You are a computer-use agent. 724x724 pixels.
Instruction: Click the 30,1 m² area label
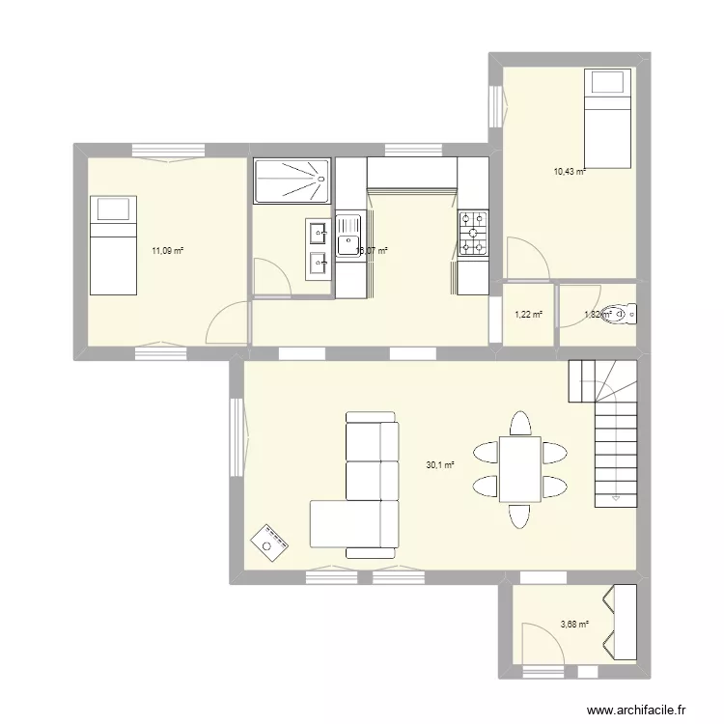coord(440,464)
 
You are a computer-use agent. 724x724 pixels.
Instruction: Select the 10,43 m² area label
coord(569,172)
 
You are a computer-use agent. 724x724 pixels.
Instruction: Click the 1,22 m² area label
coord(528,314)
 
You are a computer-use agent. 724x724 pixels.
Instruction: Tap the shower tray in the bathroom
coord(292,181)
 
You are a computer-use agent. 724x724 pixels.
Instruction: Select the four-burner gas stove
coord(473,234)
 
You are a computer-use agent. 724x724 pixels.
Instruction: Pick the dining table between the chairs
coord(519,469)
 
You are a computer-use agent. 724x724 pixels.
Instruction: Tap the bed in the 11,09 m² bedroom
coord(113,244)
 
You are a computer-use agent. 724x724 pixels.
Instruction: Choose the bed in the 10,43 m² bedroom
coord(608,117)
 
